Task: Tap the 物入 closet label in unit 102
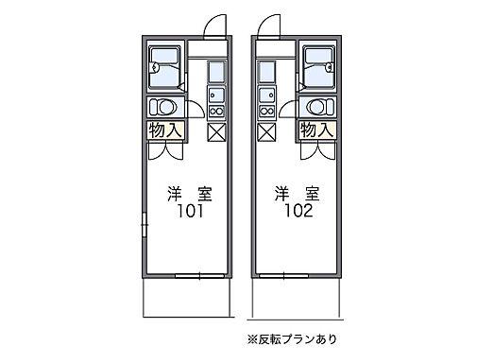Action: pos(315,130)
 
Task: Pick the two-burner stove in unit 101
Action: pos(214,107)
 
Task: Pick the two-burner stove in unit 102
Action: pos(264,107)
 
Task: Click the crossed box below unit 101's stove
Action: pos(214,131)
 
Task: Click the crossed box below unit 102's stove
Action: pos(264,131)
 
